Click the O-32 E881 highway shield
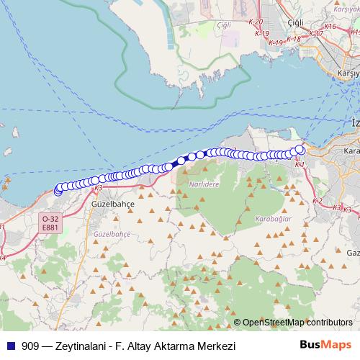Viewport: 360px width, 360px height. [50, 222]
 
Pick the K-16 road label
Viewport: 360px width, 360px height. [330, 27]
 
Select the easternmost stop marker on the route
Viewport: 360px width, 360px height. [300, 150]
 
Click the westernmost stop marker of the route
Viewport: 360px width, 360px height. [58, 191]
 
